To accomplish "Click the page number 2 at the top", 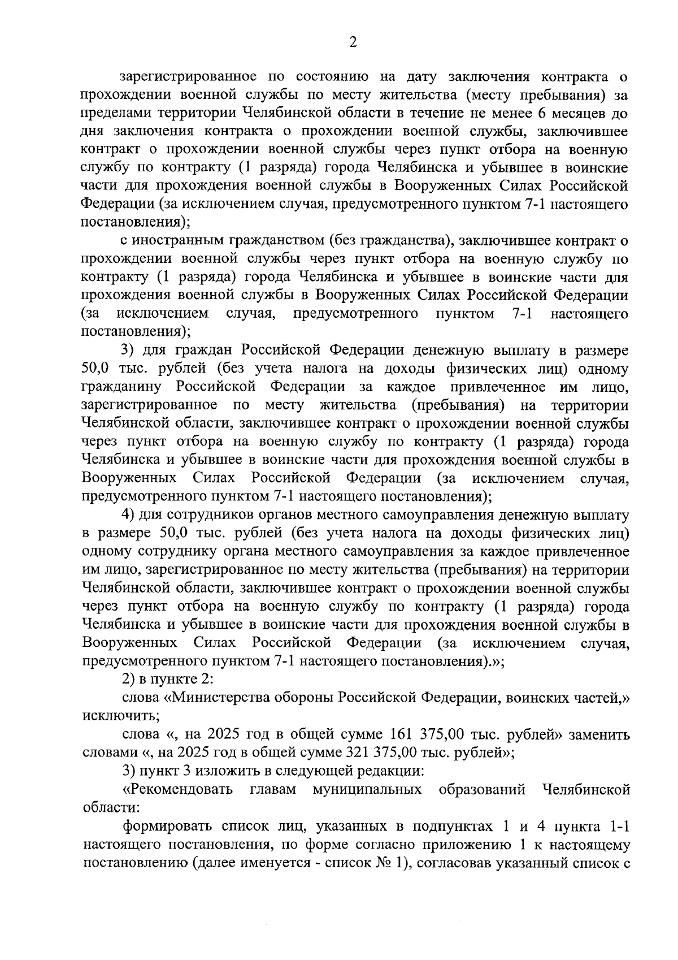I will click(353, 42).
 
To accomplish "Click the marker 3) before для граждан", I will click(129, 351).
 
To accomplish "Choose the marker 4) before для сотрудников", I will click(129, 515).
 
